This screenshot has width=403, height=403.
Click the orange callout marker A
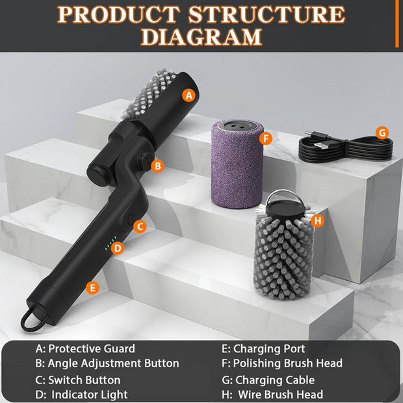coord(188,95)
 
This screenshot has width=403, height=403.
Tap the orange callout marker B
coord(157,166)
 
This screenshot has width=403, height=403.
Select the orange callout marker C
coord(139,226)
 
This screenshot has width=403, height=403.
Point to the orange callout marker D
coord(117,248)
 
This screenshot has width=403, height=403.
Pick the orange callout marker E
coord(93,287)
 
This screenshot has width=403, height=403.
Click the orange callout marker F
coord(264,138)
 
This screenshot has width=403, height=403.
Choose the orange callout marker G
coord(382,133)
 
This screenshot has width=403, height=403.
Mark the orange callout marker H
coord(317,221)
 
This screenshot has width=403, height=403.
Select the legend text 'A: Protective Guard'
coord(84,349)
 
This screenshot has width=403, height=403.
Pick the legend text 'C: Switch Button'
coord(77,380)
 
